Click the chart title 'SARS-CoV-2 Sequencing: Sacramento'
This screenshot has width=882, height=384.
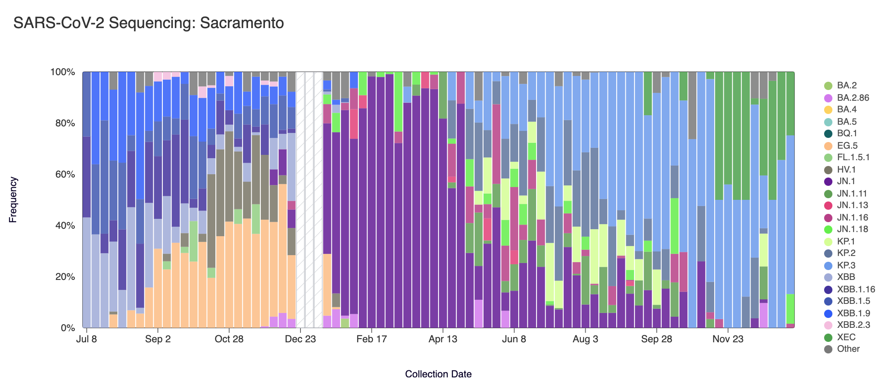(148, 23)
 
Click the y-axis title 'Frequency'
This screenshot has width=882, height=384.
(13, 200)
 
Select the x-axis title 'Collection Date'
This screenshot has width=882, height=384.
(438, 374)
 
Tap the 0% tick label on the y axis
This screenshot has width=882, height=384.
(67, 328)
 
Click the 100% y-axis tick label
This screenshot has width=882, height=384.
(62, 72)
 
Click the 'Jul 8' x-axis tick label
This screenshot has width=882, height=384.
(86, 339)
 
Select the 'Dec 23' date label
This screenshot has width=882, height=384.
(300, 339)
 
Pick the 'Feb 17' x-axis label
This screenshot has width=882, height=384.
(372, 339)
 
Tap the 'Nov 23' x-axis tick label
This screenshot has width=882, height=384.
(728, 339)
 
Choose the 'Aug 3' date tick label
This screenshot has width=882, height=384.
(585, 339)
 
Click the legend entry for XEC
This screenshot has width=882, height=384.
(846, 337)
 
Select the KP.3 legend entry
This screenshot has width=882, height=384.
(846, 265)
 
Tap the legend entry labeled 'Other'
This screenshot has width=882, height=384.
(848, 349)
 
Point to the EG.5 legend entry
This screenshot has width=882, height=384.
(847, 146)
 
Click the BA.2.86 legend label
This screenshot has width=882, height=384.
(853, 98)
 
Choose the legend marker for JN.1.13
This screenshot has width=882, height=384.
(828, 206)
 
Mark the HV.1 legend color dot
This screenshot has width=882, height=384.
(828, 170)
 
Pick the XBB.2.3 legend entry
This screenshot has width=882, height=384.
(853, 325)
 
